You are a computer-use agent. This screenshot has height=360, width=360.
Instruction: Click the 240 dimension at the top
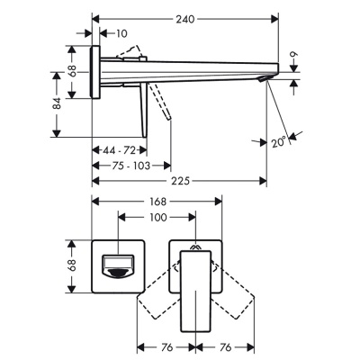tap(186, 18)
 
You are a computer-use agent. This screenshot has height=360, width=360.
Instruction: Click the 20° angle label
tap(279, 140)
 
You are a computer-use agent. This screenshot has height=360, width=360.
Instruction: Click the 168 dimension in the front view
tap(159, 202)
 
